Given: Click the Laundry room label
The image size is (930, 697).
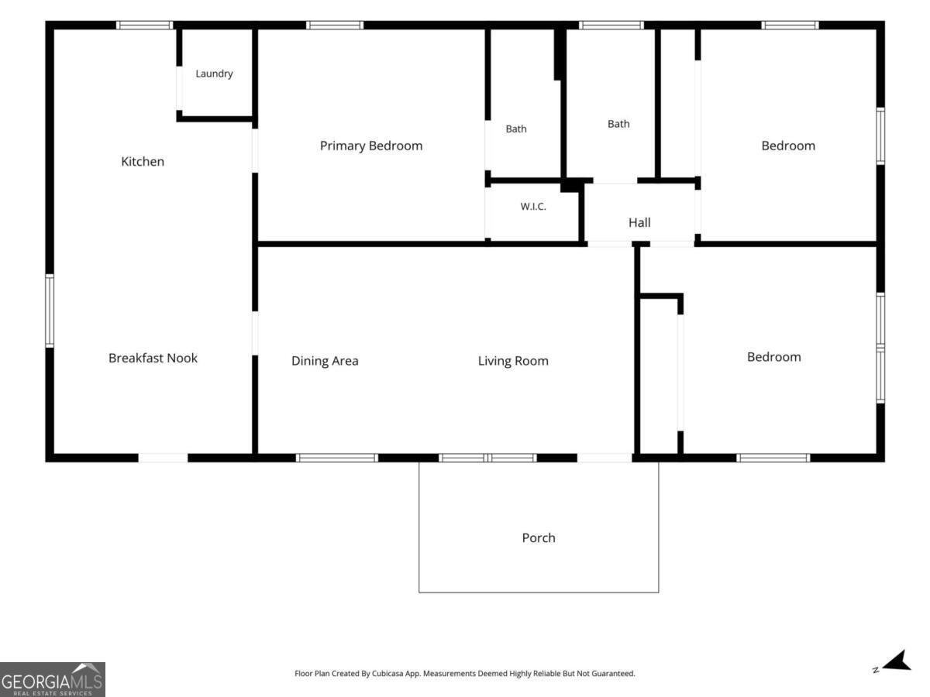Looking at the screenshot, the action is [x=214, y=74].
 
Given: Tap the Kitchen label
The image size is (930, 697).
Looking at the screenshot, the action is [x=143, y=161].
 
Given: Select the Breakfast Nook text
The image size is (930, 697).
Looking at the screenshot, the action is [x=153, y=358].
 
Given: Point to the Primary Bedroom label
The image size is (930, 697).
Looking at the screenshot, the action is [x=371, y=146].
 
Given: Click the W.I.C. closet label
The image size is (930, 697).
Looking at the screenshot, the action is [x=533, y=207].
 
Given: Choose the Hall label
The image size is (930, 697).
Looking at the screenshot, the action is [x=639, y=222].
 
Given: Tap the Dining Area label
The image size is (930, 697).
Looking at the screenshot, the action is [x=325, y=361].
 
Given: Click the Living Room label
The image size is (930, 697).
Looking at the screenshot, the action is [x=513, y=361].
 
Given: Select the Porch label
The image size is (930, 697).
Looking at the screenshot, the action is [x=539, y=538].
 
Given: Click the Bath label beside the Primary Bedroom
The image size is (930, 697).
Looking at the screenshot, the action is [x=516, y=129].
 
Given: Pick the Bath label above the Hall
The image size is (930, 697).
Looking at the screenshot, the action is [x=618, y=124].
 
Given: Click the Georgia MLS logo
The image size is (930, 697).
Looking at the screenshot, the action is [x=53, y=680].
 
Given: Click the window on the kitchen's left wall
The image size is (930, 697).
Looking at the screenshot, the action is [x=50, y=311].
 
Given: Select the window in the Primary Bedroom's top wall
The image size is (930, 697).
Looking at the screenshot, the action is [x=335, y=25].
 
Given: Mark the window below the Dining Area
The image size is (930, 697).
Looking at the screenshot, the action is [x=337, y=458].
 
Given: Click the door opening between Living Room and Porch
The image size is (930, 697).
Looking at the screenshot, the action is [x=604, y=458].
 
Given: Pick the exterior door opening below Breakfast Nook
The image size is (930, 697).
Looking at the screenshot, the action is [x=163, y=458].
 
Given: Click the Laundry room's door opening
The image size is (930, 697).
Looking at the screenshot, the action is [x=180, y=88].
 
